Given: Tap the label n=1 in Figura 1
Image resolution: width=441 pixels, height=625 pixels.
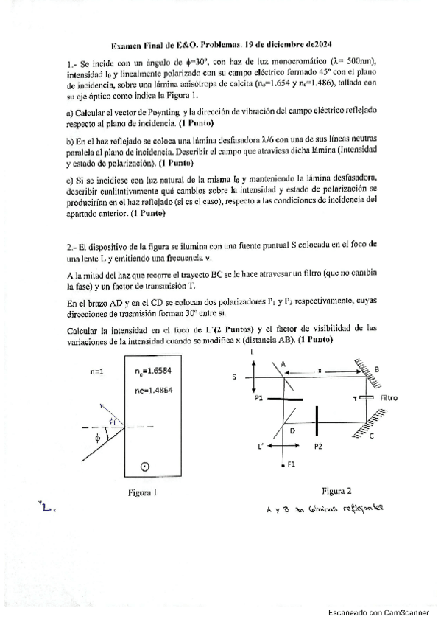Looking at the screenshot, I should (99, 372).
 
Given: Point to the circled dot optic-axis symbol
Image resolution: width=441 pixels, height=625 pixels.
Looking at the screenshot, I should (145, 466).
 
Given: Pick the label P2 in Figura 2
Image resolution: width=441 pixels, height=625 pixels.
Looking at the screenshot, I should (318, 447).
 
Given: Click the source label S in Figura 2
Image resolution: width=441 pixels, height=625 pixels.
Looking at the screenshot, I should (234, 376).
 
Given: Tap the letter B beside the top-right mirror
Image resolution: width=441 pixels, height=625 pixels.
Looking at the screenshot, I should (376, 369).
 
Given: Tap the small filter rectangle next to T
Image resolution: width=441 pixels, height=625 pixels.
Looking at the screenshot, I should (365, 398).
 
